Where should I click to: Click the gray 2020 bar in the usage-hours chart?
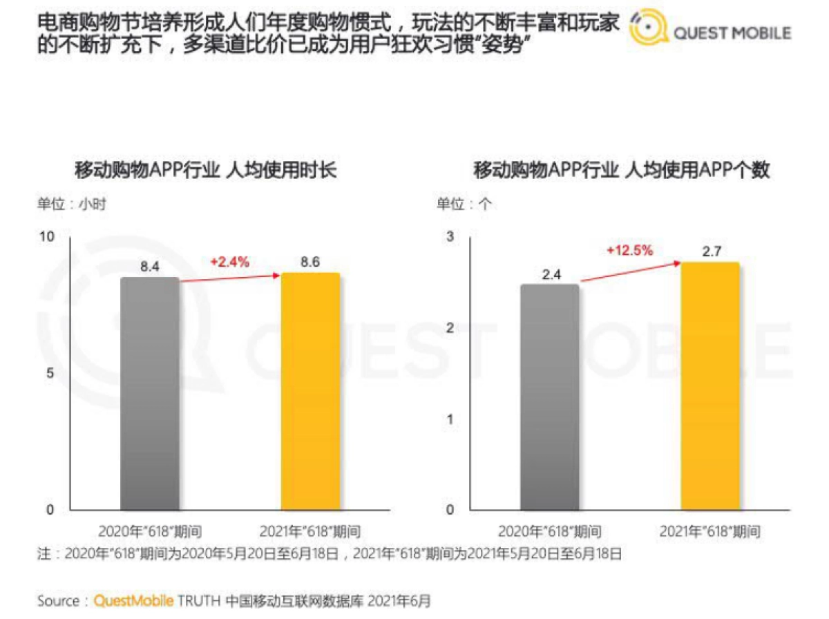point(150,394)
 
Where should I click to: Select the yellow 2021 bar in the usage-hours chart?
point(310,392)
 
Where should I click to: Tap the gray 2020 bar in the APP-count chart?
point(549,397)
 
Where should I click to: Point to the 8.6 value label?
point(310,263)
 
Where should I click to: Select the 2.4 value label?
point(549,274)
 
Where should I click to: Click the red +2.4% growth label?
point(229,262)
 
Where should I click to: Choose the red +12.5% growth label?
point(629,250)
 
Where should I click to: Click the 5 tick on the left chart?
point(50,373)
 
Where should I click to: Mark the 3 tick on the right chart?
point(450,237)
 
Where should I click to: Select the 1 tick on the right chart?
point(450,419)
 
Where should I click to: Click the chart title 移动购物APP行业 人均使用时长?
point(205,170)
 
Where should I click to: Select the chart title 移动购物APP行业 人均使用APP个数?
point(621,170)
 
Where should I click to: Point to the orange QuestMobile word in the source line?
point(133,600)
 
